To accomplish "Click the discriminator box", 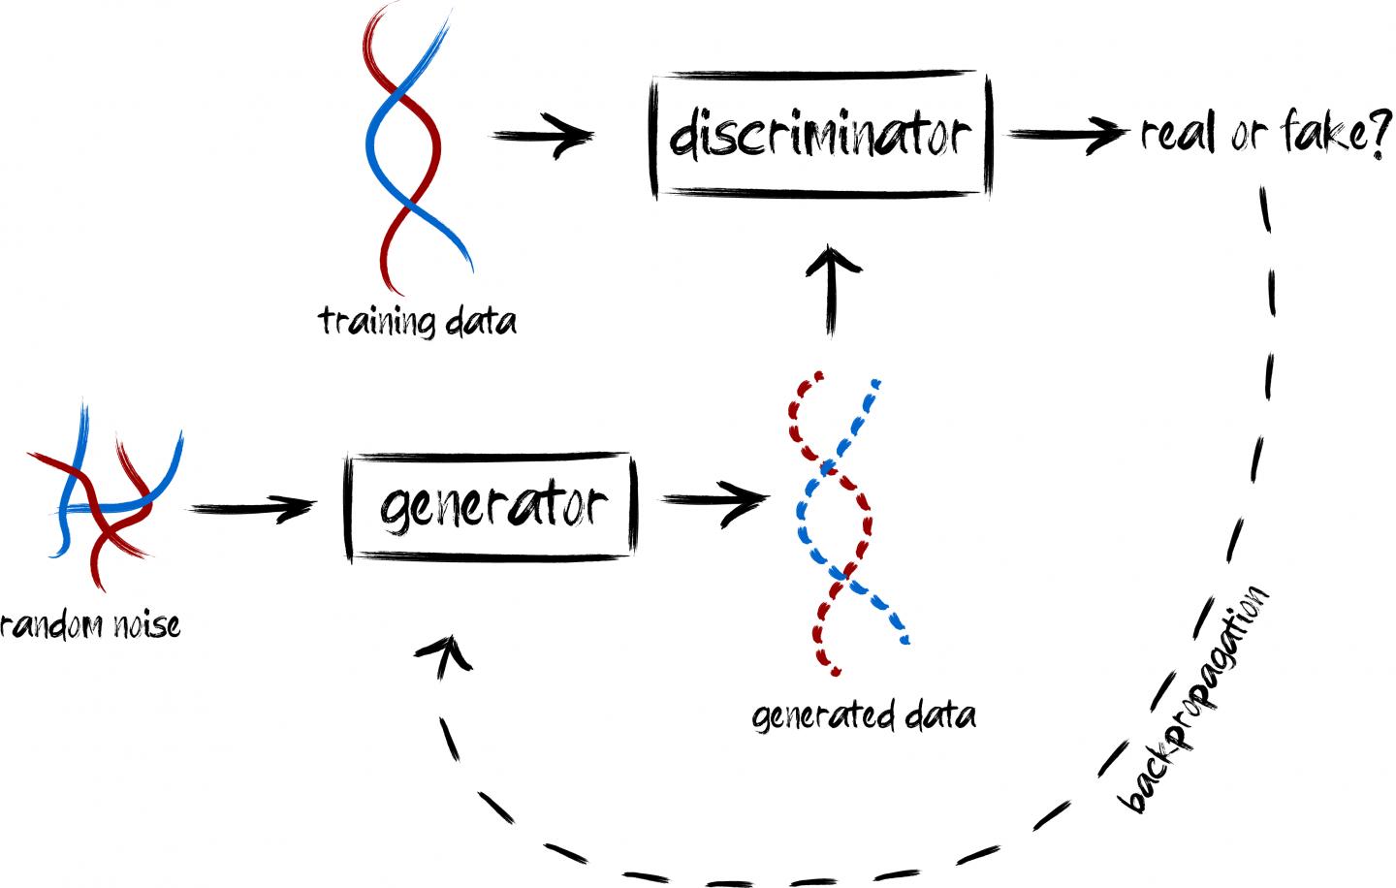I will point(820,134).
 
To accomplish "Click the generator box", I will point(491,506).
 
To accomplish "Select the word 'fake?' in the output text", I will point(1338,132).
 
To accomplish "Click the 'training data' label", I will point(417,321).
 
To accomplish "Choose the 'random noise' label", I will point(89,624).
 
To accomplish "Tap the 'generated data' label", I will point(864,715).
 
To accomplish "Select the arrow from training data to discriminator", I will point(543,136).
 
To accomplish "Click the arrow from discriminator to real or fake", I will point(1066,134).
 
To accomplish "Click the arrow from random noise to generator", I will point(254,508).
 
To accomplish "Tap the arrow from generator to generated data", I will point(714,500).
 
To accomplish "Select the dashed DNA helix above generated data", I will point(841,523).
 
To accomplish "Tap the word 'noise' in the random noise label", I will point(145,624).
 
